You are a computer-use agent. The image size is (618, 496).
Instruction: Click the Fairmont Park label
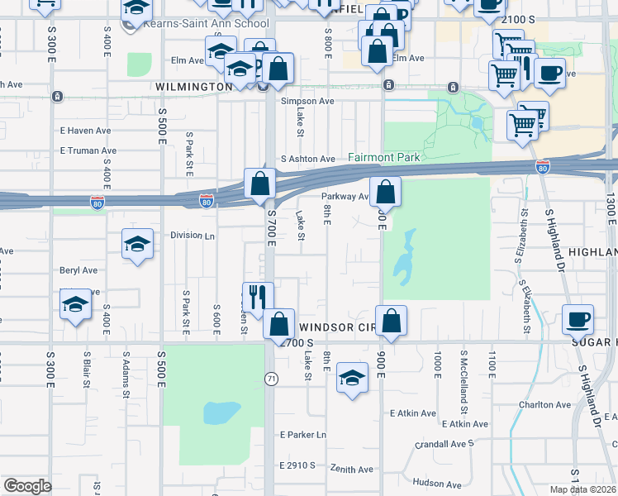[x=384, y=157]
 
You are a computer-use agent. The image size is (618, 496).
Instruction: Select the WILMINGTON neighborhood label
[x=193, y=86]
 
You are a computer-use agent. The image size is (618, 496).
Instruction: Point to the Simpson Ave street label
[x=307, y=101]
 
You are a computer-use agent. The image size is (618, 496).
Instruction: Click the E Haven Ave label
[x=86, y=131]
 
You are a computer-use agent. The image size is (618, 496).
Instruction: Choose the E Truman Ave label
[x=88, y=150]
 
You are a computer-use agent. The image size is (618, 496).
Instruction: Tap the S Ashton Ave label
[x=308, y=159]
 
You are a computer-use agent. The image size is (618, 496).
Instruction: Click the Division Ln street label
[x=193, y=235]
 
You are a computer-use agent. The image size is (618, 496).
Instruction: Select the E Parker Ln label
[x=303, y=435]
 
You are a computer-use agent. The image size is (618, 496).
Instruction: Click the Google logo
[x=27, y=486]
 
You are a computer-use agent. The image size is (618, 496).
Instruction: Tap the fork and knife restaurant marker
[x=258, y=298]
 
